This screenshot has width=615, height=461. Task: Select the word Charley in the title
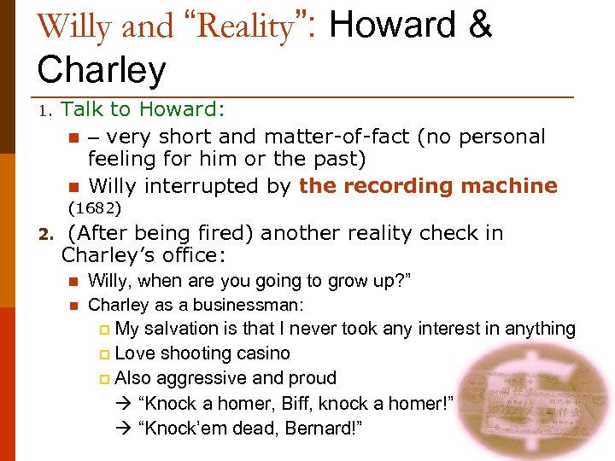pyautogui.click(x=101, y=70)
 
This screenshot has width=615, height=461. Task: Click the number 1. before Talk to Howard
pyautogui.click(x=47, y=110)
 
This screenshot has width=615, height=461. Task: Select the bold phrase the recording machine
pyautogui.click(x=428, y=185)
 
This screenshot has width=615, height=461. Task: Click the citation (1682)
pyautogui.click(x=95, y=207)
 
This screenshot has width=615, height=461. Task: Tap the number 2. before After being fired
pyautogui.click(x=47, y=234)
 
